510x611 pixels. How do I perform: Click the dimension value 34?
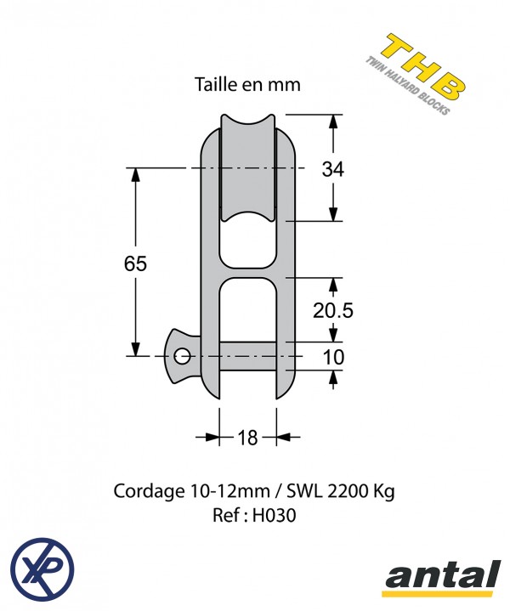[x=333, y=169]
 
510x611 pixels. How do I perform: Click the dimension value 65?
[x=135, y=263]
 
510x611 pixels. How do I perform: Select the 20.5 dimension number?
[x=333, y=310]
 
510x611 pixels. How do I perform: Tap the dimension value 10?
[x=334, y=357]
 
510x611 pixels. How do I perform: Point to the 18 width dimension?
[x=247, y=438]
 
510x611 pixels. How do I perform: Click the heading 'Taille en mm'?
[x=247, y=85]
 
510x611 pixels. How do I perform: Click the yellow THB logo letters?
[x=423, y=66]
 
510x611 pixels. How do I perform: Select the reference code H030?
[x=274, y=516]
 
